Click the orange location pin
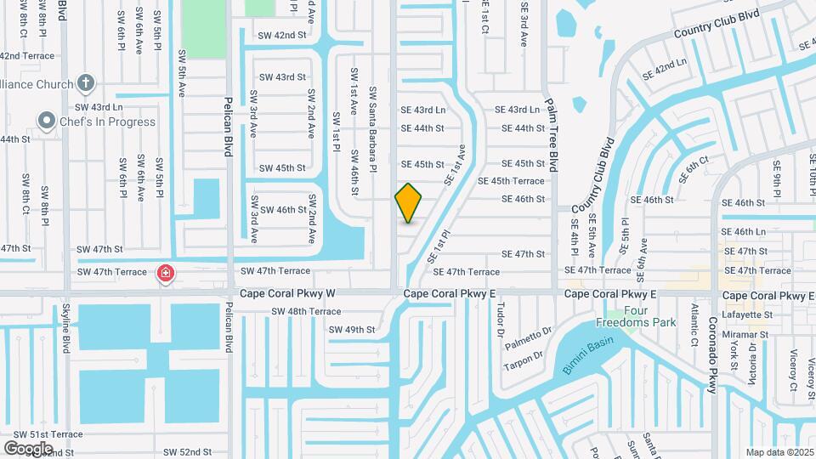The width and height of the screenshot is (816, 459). (x=409, y=203)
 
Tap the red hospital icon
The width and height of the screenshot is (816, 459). (x=165, y=274)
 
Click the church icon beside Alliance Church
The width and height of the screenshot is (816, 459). (x=84, y=82)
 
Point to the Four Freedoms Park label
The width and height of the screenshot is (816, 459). (x=648, y=316)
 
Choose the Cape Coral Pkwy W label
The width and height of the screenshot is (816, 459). (x=288, y=294)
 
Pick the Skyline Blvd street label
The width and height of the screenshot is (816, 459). (x=65, y=331)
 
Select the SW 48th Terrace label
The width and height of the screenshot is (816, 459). (x=306, y=311)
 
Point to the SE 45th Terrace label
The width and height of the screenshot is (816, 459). (x=511, y=181)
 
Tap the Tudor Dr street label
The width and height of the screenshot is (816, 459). (x=501, y=320)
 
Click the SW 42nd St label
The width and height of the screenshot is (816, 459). (x=282, y=35)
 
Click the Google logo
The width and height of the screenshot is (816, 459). (x=28, y=448)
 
